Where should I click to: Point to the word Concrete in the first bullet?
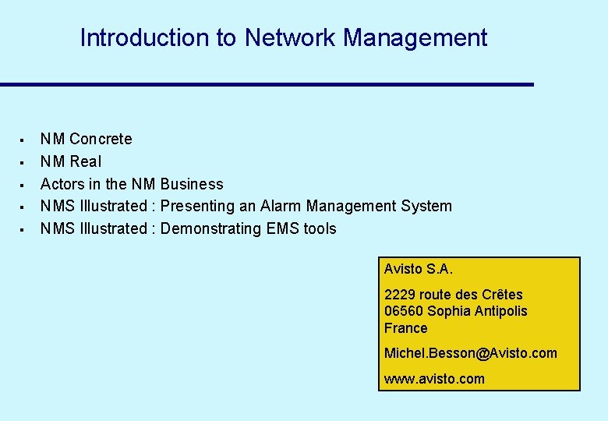coord(101,139)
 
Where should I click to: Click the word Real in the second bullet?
coord(85,161)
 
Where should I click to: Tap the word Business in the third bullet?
coord(192,184)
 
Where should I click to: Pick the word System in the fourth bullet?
coord(426,206)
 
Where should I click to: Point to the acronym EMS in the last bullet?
coord(285,228)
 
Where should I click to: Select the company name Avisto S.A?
coord(418,269)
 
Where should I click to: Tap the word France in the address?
coord(405,328)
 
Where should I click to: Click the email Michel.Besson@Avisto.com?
coord(470,353)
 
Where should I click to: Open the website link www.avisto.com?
coord(433,379)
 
